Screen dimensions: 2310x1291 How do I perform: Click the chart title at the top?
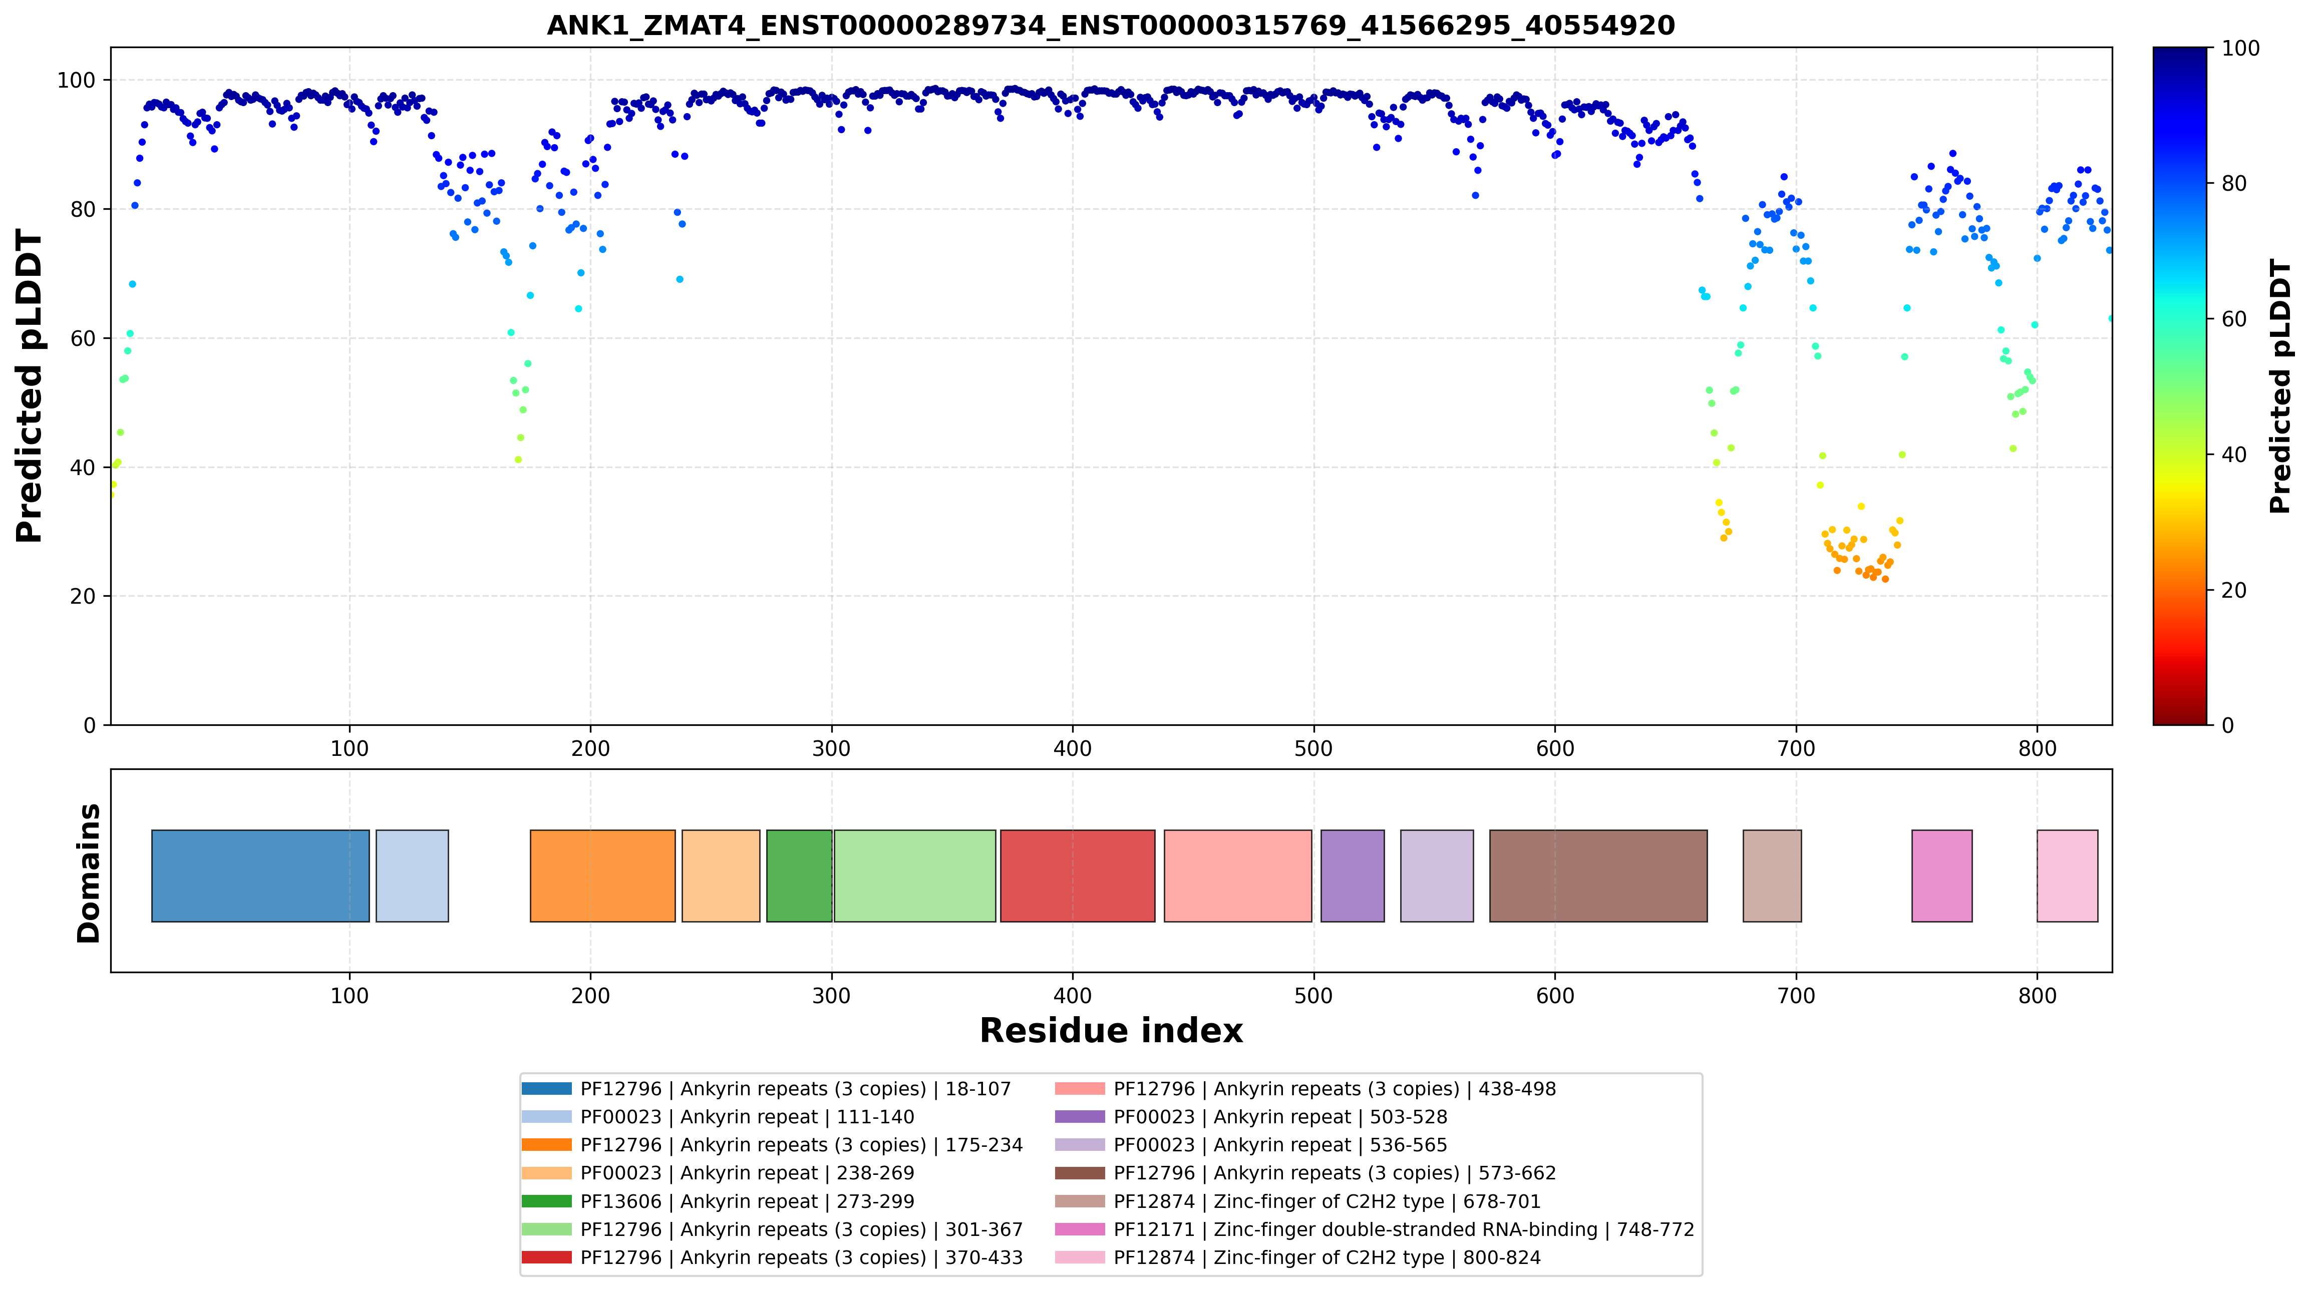(x=1110, y=25)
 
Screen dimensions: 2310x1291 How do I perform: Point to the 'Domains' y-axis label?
(x=89, y=873)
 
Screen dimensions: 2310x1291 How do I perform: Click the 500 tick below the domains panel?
(x=1313, y=996)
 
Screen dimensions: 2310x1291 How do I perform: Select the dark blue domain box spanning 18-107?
(x=260, y=876)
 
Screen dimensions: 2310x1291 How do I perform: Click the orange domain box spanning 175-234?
(x=602, y=876)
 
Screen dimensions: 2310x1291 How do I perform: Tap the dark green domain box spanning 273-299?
(x=799, y=876)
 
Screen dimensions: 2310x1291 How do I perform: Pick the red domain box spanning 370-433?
(x=1078, y=876)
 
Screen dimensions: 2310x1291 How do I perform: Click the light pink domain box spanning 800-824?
(x=2068, y=876)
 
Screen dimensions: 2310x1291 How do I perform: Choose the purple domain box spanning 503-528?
(x=1352, y=876)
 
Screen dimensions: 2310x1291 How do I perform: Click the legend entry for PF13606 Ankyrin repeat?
(x=718, y=1201)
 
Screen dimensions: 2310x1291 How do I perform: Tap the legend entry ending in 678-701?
(x=1298, y=1201)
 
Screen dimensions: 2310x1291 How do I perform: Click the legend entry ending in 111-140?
(x=718, y=1117)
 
